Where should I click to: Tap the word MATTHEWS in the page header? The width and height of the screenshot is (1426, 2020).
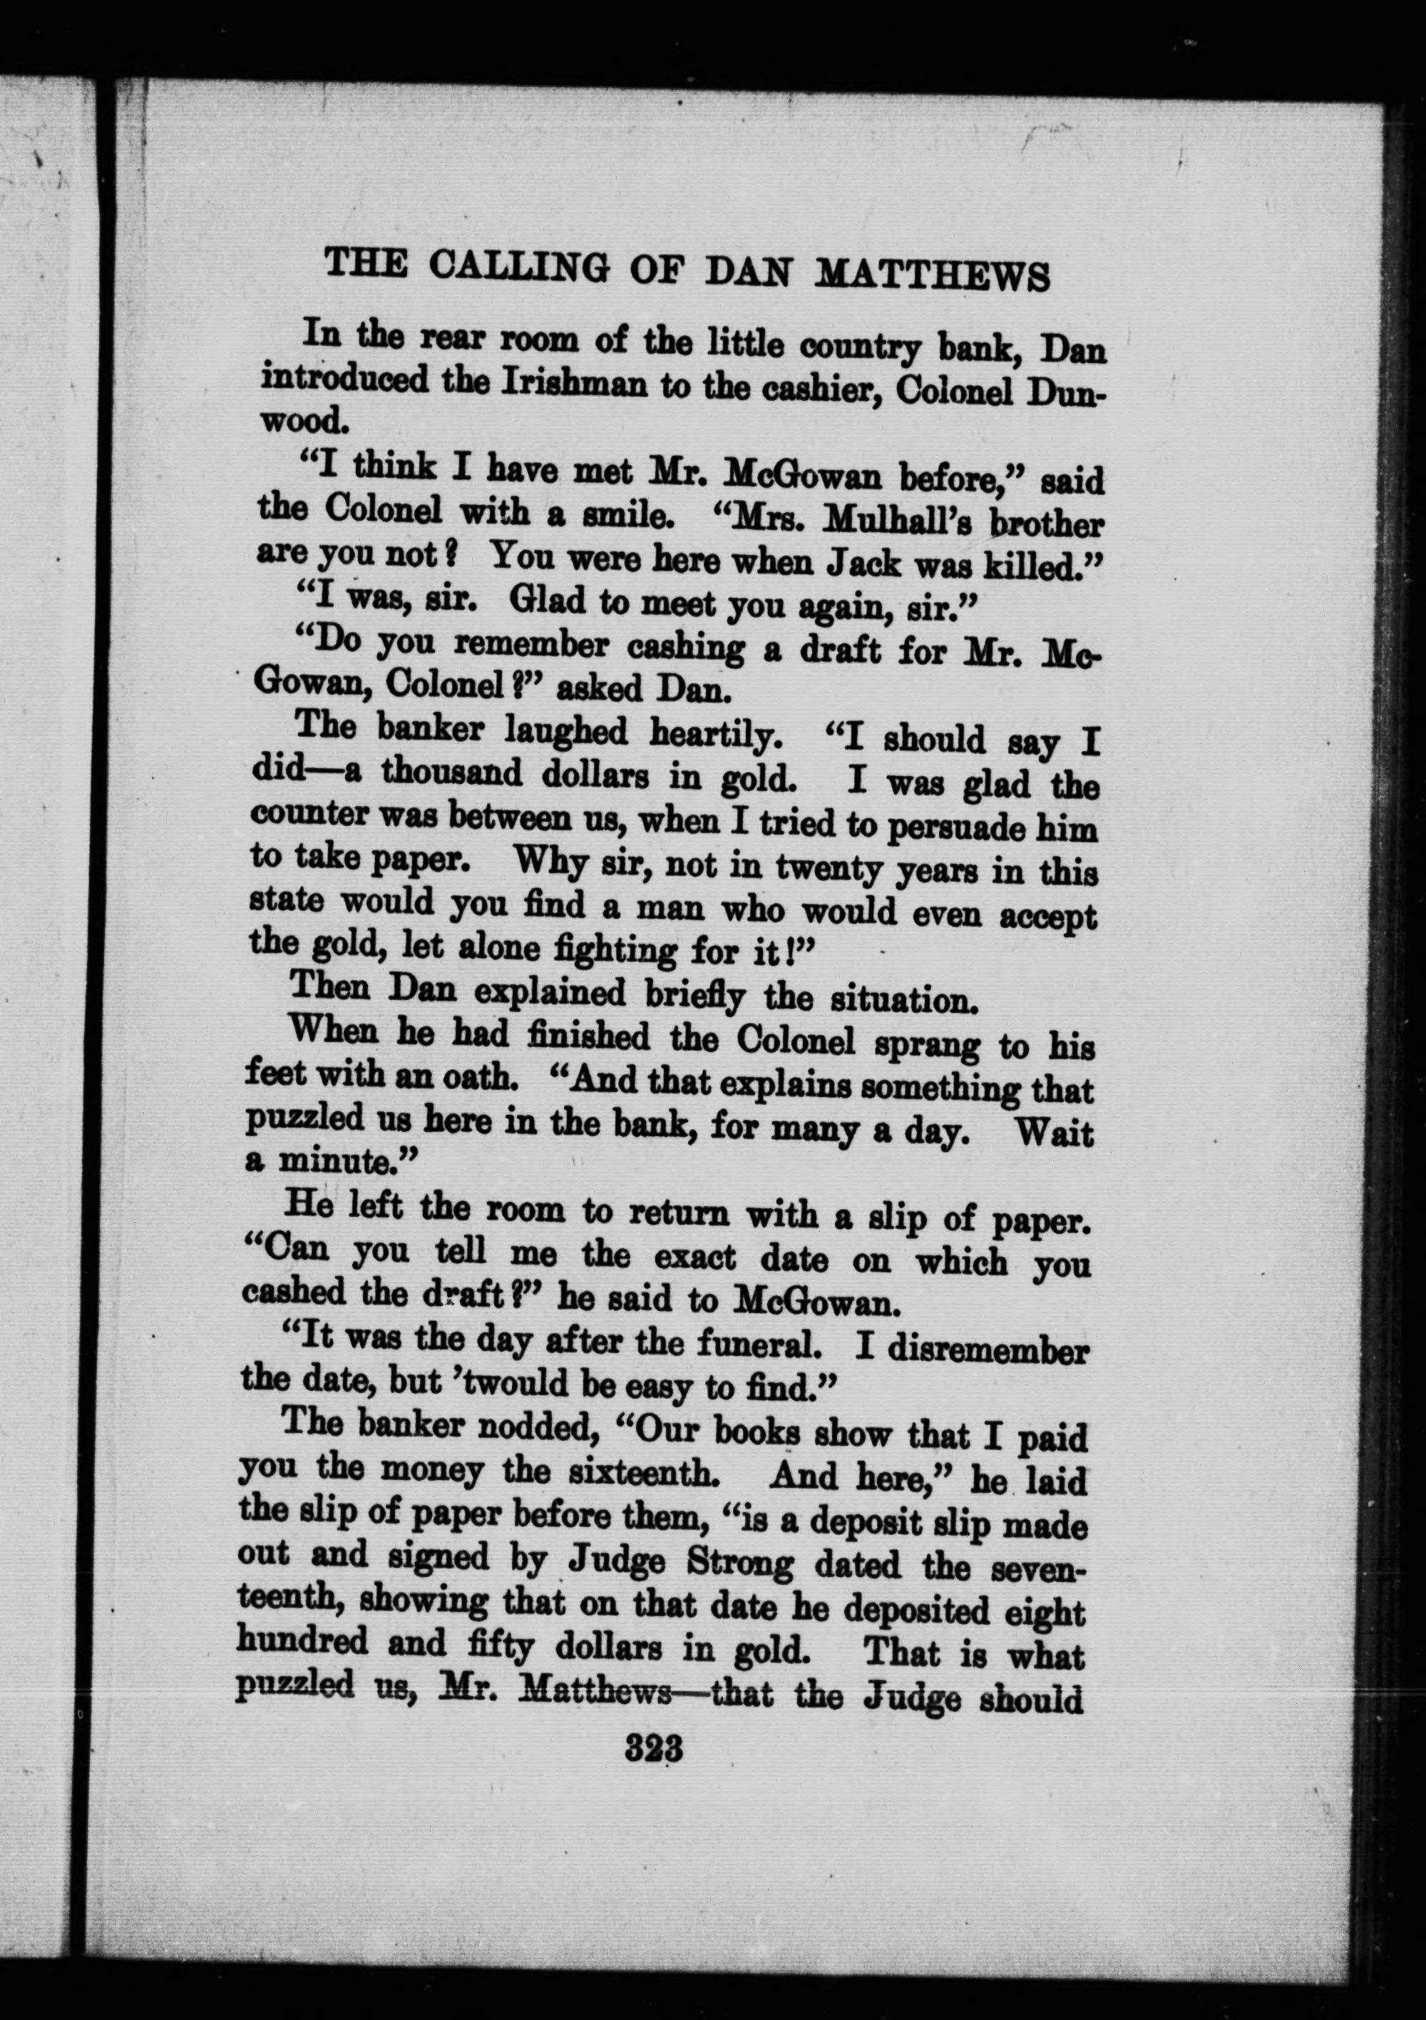(933, 275)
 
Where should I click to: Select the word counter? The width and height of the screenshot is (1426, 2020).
(305, 815)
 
